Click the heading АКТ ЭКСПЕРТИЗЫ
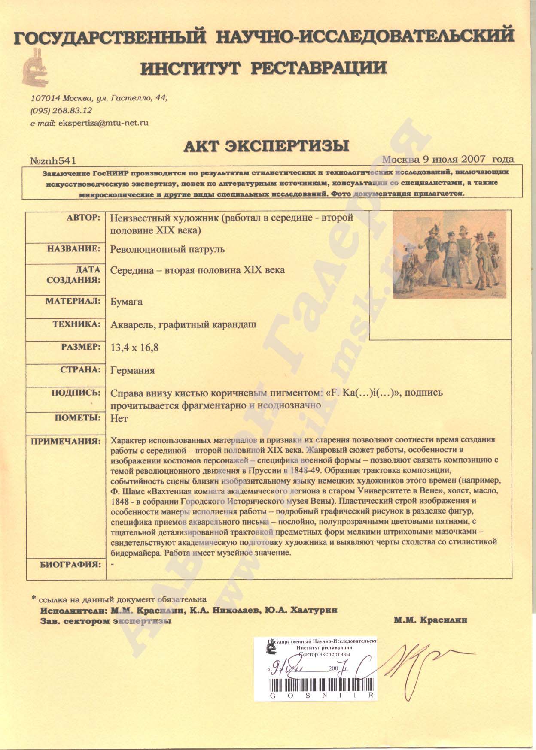click(x=266, y=146)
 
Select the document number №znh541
click(x=53, y=161)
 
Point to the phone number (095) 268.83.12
click(x=61, y=110)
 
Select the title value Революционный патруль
click(x=167, y=249)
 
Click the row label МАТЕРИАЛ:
click(x=73, y=301)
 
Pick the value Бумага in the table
click(x=126, y=302)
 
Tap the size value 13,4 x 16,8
click(x=134, y=347)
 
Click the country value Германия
click(x=132, y=370)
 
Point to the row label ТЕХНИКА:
click(x=76, y=324)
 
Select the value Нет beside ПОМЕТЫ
click(x=119, y=418)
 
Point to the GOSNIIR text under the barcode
click(x=322, y=695)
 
